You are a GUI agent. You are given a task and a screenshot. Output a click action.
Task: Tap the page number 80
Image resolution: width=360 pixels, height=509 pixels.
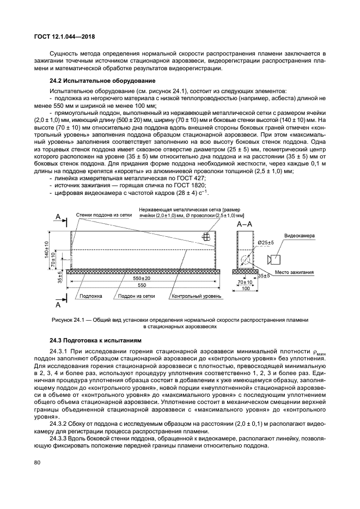[36, 463]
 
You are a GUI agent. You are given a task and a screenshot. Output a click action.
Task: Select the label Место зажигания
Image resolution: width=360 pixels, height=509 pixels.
[293, 272]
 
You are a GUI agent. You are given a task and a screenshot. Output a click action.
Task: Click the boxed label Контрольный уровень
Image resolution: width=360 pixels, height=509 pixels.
[196, 297]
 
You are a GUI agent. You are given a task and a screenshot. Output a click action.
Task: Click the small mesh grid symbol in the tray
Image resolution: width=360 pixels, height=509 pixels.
[207, 236]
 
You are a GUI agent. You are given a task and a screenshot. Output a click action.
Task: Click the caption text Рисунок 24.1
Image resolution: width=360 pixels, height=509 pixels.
[67, 320]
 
